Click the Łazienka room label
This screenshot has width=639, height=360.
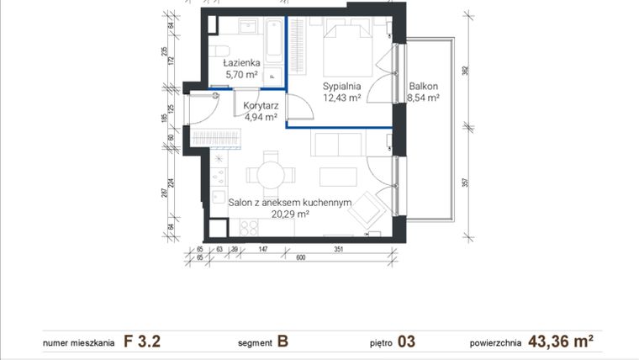tap(241, 62)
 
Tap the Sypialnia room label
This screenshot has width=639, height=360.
tap(342, 86)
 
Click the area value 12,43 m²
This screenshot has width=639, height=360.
tap(342, 98)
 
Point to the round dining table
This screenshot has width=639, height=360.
tap(271, 175)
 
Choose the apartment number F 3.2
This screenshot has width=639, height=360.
tap(142, 341)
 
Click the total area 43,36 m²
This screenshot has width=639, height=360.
tap(562, 341)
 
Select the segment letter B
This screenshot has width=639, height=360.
tap(283, 341)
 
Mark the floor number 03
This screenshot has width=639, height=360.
tap(406, 341)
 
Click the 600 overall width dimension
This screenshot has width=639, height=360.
tap(299, 258)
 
